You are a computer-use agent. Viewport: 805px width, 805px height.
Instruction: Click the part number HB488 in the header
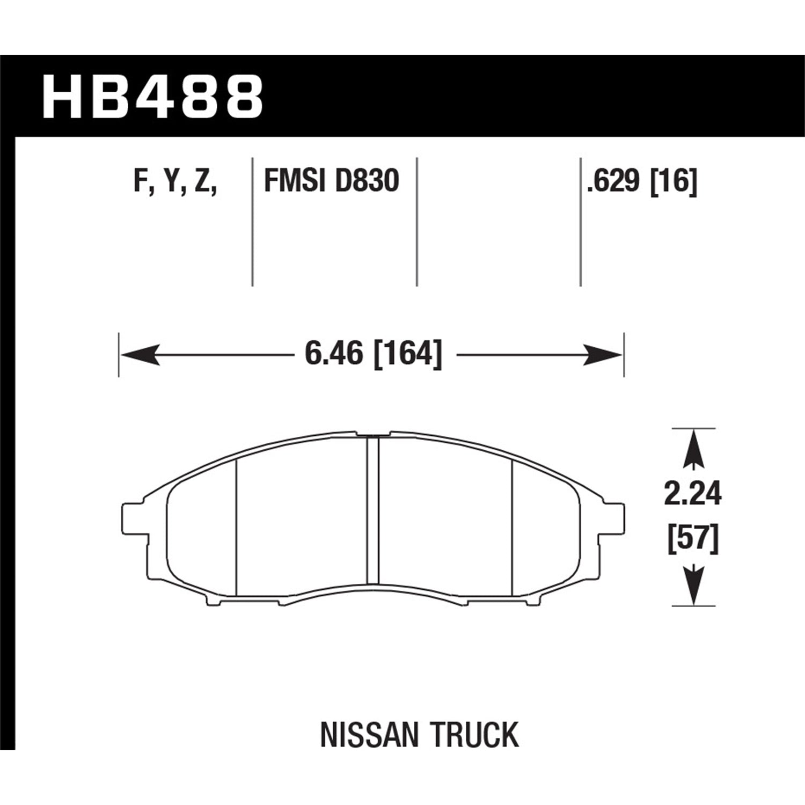(x=152, y=97)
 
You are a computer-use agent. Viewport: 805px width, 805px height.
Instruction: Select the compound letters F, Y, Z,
(x=175, y=181)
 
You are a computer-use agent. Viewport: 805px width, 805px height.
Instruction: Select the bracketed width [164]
(x=408, y=354)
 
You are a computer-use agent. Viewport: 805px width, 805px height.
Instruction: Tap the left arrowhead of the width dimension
(x=140, y=355)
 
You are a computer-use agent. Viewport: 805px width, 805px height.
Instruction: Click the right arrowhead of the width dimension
(x=602, y=355)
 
